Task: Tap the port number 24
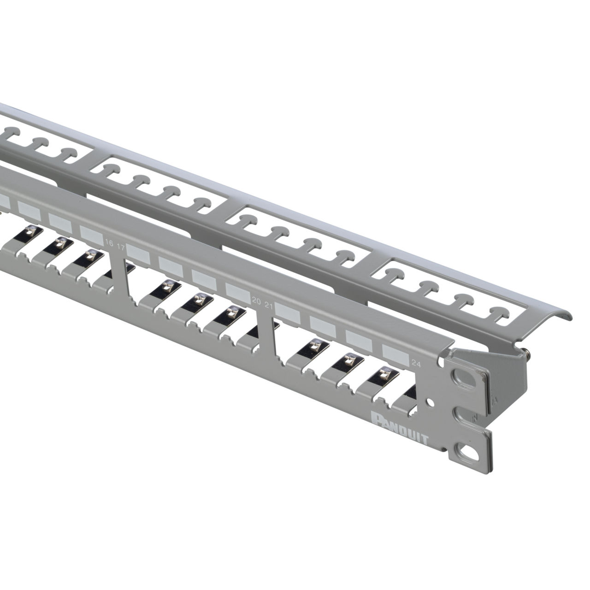(x=416, y=364)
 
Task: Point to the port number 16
(x=109, y=243)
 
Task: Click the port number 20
(x=256, y=301)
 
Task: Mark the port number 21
(x=269, y=306)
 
